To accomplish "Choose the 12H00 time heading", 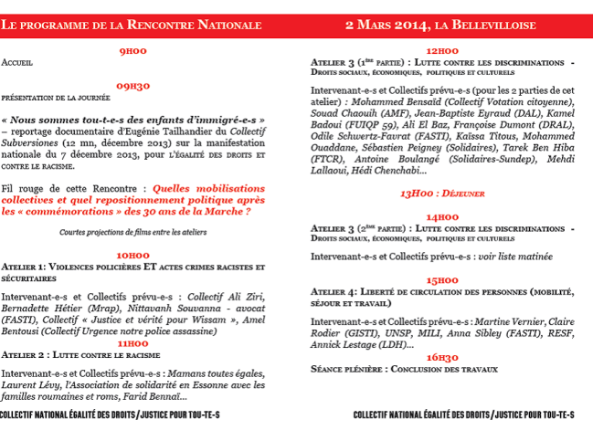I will click(442, 52).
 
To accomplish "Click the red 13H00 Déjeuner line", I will click(442, 194).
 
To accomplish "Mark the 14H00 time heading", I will click(442, 216).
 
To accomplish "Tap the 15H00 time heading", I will click(442, 279).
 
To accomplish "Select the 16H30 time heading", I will click(442, 357).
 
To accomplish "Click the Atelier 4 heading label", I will click(337, 291).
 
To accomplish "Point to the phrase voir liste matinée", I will click(507, 257).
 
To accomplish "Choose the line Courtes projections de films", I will click(132, 232).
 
